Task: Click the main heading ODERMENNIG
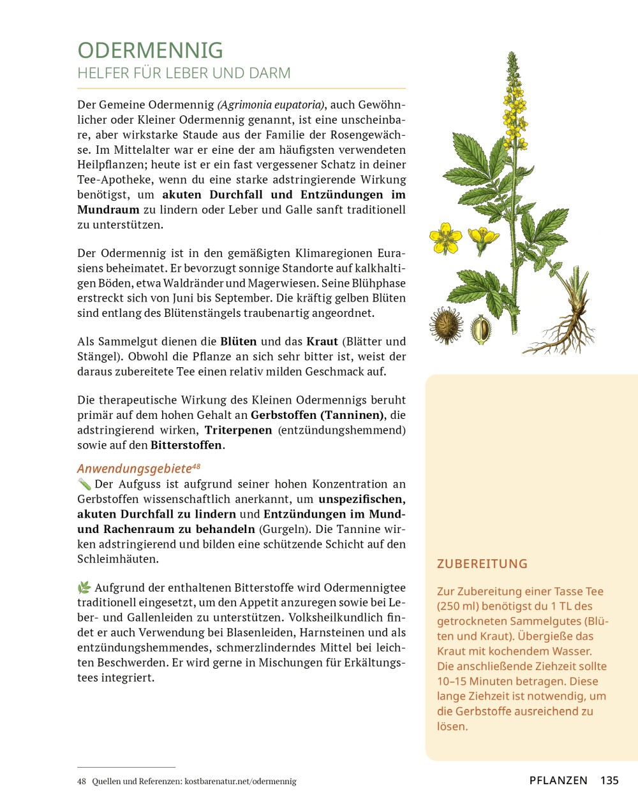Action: [x=150, y=50]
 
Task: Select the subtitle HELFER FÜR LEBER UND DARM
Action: [x=184, y=73]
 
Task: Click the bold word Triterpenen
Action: [x=238, y=430]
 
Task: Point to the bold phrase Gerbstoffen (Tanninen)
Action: [x=317, y=415]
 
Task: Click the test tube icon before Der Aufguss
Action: [x=84, y=485]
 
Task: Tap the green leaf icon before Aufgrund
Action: [x=84, y=588]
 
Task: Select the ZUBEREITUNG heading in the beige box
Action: [x=482, y=564]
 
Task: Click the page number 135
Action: [x=609, y=780]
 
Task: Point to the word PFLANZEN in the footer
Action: [x=558, y=780]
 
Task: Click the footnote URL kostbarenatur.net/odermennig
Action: [x=241, y=781]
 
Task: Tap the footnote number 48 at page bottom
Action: [x=82, y=781]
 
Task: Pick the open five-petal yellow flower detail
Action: [x=445, y=237]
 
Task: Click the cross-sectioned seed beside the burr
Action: [x=480, y=330]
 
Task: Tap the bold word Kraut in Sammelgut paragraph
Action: [x=322, y=342]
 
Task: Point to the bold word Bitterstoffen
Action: [x=186, y=445]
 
